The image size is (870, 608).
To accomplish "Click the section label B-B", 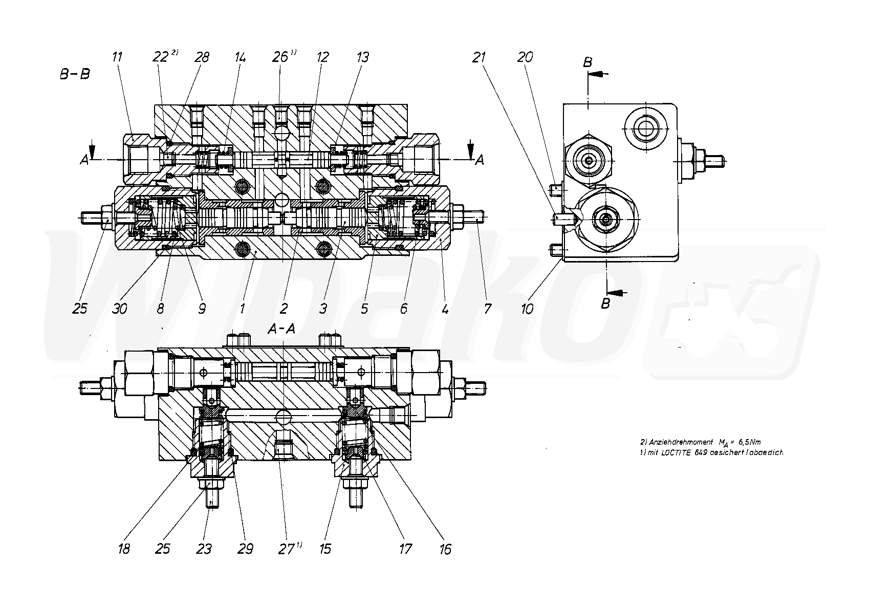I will coord(75,74).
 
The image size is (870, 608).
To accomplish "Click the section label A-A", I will coord(281,330).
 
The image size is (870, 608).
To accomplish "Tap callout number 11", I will coord(117,57).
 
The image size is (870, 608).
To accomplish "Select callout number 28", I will coord(202,57).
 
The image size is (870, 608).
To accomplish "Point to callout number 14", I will coord(240,57).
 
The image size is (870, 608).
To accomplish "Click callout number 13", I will coord(362,57).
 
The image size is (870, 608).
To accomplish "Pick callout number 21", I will coord(478,57).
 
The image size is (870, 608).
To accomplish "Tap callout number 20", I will coord(525,57).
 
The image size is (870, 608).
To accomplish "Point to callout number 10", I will coord(527,309).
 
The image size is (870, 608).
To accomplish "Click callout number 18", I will coord(124,549).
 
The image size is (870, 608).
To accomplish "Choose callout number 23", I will coord(204,549).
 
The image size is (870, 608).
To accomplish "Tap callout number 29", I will coord(245,549).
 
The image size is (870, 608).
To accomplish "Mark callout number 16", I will coord(445,549).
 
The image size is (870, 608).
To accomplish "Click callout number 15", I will coord(325,549).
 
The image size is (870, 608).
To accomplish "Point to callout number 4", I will coord(445,309).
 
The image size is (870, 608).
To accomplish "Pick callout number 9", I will coord(202,309).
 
